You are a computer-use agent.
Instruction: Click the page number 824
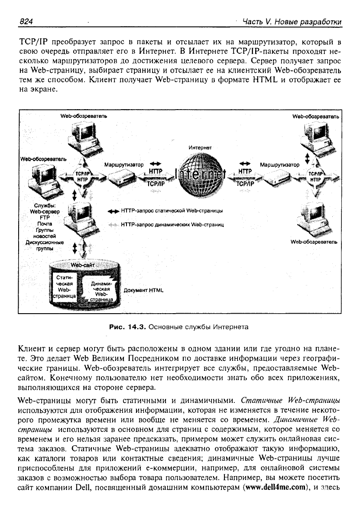click(26, 22)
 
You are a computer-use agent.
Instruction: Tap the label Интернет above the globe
click(200, 147)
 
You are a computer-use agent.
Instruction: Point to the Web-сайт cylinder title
click(82, 265)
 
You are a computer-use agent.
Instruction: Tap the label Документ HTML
click(143, 290)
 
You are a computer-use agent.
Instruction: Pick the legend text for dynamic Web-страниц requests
click(172, 224)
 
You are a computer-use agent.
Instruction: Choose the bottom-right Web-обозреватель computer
click(314, 220)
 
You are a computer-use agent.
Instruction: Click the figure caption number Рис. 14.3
click(127, 327)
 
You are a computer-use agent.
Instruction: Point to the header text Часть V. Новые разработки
click(292, 22)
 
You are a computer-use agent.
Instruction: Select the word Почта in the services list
click(45, 224)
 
